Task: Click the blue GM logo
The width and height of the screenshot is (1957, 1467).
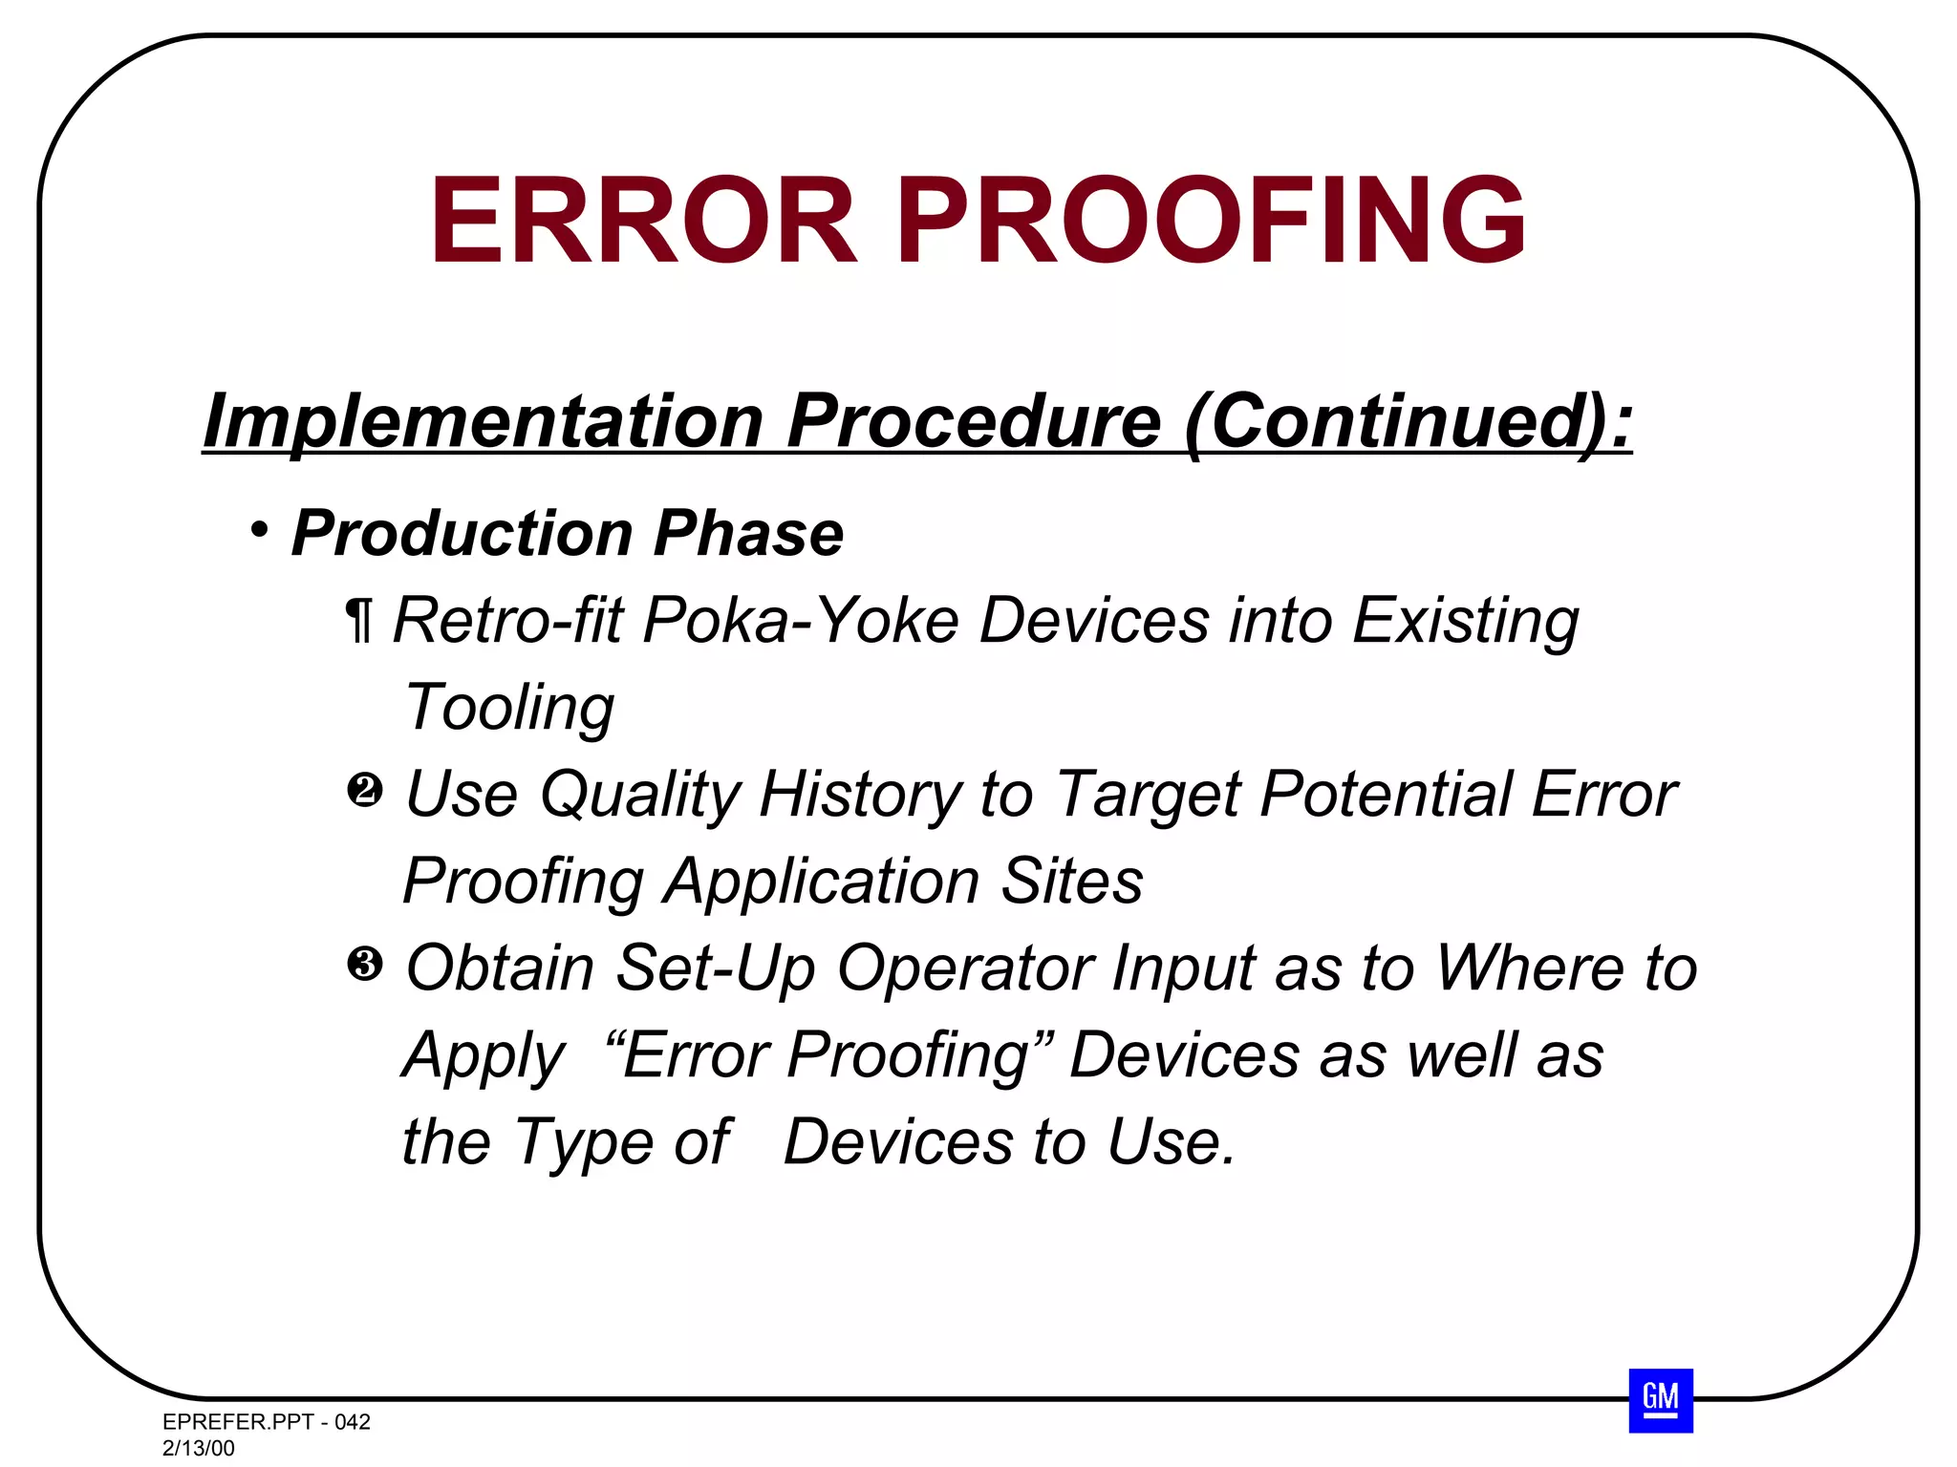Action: (1661, 1400)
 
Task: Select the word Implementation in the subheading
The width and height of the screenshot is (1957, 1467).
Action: (483, 421)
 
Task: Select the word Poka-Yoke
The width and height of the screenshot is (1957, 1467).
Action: (801, 621)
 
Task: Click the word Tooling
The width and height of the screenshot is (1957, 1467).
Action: (509, 708)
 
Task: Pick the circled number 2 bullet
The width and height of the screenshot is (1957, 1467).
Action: (364, 791)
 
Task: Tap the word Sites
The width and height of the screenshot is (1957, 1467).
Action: (1071, 881)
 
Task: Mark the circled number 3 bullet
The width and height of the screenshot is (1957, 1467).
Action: (364, 965)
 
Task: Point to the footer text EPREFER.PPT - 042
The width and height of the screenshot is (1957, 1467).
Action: (267, 1421)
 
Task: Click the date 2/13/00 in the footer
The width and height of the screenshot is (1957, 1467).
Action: (199, 1448)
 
